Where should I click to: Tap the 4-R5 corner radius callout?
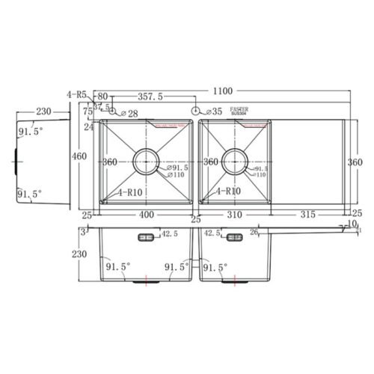click(x=76, y=95)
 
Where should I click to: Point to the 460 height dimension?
click(x=79, y=156)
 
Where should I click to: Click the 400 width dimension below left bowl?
click(x=147, y=215)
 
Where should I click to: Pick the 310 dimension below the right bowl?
click(x=236, y=215)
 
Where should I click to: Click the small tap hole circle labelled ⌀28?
click(x=113, y=111)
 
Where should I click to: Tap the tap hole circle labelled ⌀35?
click(x=196, y=111)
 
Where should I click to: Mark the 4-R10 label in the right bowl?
click(x=228, y=191)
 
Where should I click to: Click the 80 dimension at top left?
click(x=102, y=96)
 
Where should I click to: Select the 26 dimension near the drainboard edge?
click(x=255, y=233)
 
